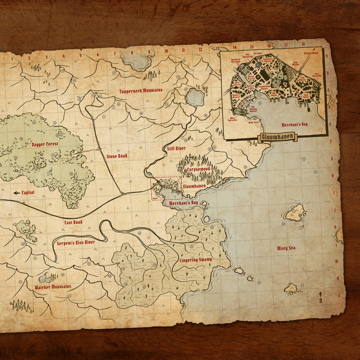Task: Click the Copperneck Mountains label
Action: click(141, 91)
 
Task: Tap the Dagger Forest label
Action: click(45, 144)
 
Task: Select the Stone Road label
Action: click(117, 156)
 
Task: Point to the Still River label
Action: click(176, 148)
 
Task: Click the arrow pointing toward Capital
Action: click(16, 193)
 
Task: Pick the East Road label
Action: click(73, 222)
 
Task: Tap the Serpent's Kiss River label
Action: click(76, 243)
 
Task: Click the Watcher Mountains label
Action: click(53, 287)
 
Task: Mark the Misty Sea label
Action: click(286, 248)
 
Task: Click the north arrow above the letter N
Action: click(320, 294)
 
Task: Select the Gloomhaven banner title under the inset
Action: click(278, 137)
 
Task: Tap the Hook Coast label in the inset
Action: click(253, 123)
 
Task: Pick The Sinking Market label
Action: click(252, 110)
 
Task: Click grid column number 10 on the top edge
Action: click(166, 51)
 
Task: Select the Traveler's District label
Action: click(270, 60)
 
